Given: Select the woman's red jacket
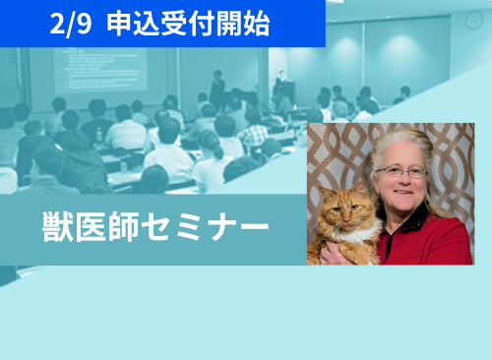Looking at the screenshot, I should tap(433, 241).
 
